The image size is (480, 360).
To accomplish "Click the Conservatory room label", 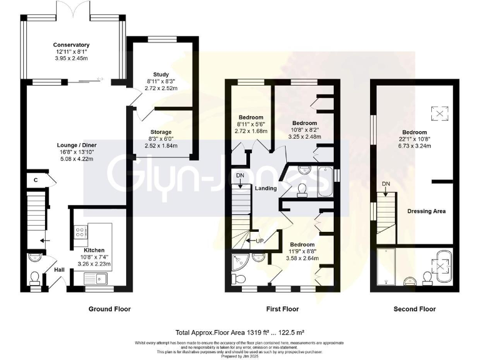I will [x=71, y=45].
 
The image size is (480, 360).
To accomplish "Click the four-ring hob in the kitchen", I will [x=81, y=232].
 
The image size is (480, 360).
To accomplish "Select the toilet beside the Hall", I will [x=35, y=276].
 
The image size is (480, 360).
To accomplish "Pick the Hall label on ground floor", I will [x=59, y=269].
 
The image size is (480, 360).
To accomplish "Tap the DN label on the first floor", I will [x=240, y=176].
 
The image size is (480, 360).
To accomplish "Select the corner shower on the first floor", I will [x=239, y=262].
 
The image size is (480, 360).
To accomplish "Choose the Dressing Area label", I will [x=426, y=211].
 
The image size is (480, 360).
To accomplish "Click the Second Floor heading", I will [x=414, y=309].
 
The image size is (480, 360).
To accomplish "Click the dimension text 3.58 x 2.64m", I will [x=301, y=257].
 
